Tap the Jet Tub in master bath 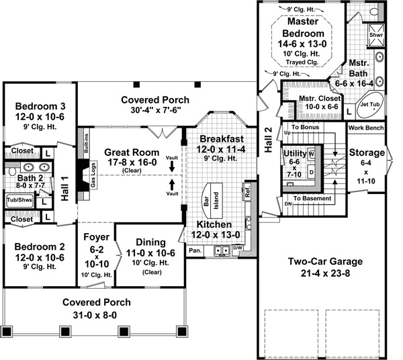point(370,105)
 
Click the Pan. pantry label point(195,250)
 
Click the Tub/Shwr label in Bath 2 point(19,199)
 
